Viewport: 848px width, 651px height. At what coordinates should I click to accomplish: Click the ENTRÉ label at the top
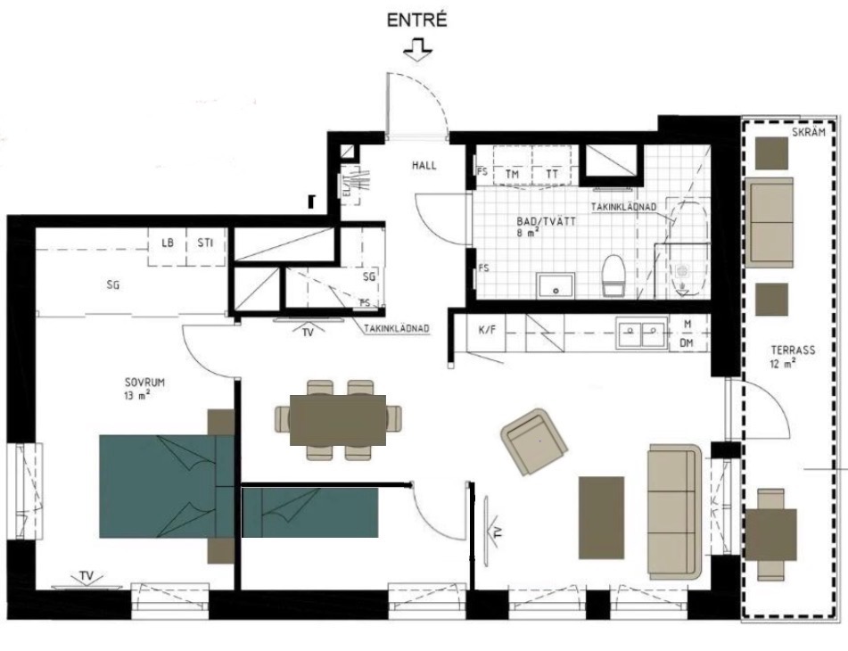[x=417, y=20]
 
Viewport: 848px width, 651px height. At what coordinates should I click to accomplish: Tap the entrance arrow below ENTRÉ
[x=417, y=49]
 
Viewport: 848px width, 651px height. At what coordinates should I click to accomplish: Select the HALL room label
[x=424, y=166]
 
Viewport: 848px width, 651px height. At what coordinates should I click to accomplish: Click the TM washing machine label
[x=512, y=174]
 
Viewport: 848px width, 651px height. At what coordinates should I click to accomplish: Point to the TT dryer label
[x=552, y=174]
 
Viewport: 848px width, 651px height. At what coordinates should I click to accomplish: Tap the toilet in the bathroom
[x=613, y=276]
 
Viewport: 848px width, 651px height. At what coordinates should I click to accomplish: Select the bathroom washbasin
[x=556, y=285]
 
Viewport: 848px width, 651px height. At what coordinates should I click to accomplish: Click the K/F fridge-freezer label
[x=487, y=329]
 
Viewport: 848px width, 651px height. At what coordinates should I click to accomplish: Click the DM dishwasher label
[x=687, y=343]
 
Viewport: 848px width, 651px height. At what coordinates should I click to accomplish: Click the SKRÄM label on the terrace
[x=809, y=133]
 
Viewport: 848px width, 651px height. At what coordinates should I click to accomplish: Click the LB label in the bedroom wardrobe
[x=168, y=243]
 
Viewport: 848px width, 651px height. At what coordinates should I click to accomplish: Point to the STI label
[x=205, y=243]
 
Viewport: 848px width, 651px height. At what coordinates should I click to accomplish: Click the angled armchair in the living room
[x=534, y=441]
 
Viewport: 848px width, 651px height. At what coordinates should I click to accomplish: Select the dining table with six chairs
[x=338, y=420]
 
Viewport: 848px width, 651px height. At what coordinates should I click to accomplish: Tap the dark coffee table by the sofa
[x=601, y=517]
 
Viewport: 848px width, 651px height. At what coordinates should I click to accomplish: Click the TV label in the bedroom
[x=86, y=575]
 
